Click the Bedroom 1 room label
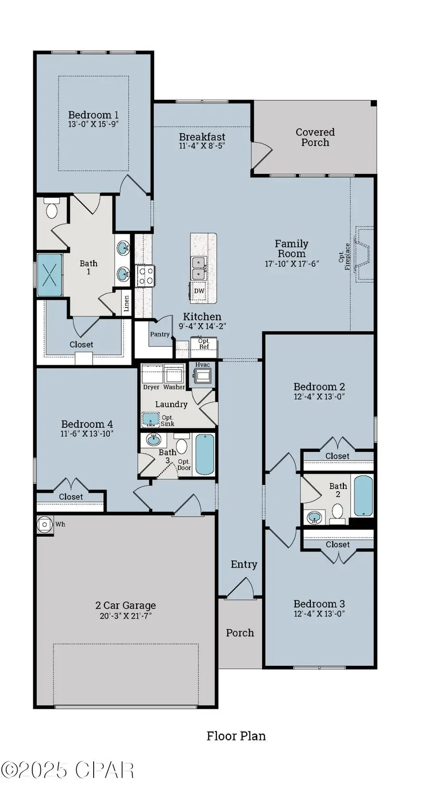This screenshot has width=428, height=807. pos(93,115)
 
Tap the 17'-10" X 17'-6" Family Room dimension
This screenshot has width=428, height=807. pos(292,264)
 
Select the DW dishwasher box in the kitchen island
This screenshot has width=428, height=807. pos(199,291)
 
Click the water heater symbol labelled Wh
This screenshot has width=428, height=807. pos(45,525)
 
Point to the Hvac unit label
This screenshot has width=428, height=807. pos(203,365)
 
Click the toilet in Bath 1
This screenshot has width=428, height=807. pos(52,209)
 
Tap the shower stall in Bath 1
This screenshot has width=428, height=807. pos(50,275)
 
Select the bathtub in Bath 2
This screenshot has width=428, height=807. pos(363,496)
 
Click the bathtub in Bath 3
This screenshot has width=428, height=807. pos(205,454)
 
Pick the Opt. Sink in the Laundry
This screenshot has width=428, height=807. pos(151,420)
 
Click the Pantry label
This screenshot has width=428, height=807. pos(160,334)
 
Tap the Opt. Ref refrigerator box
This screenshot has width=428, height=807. pos(204,344)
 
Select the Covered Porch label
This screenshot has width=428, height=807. pos(315,137)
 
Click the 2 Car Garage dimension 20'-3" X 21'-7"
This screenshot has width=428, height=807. pos(126,616)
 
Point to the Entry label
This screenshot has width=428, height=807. pos(244,565)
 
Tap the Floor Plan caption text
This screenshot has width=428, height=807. pos(236,736)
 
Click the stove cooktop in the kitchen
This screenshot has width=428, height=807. pos(145,276)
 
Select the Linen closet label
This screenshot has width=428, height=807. pos(126,303)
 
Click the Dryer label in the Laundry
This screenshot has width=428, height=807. pos(151,387)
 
